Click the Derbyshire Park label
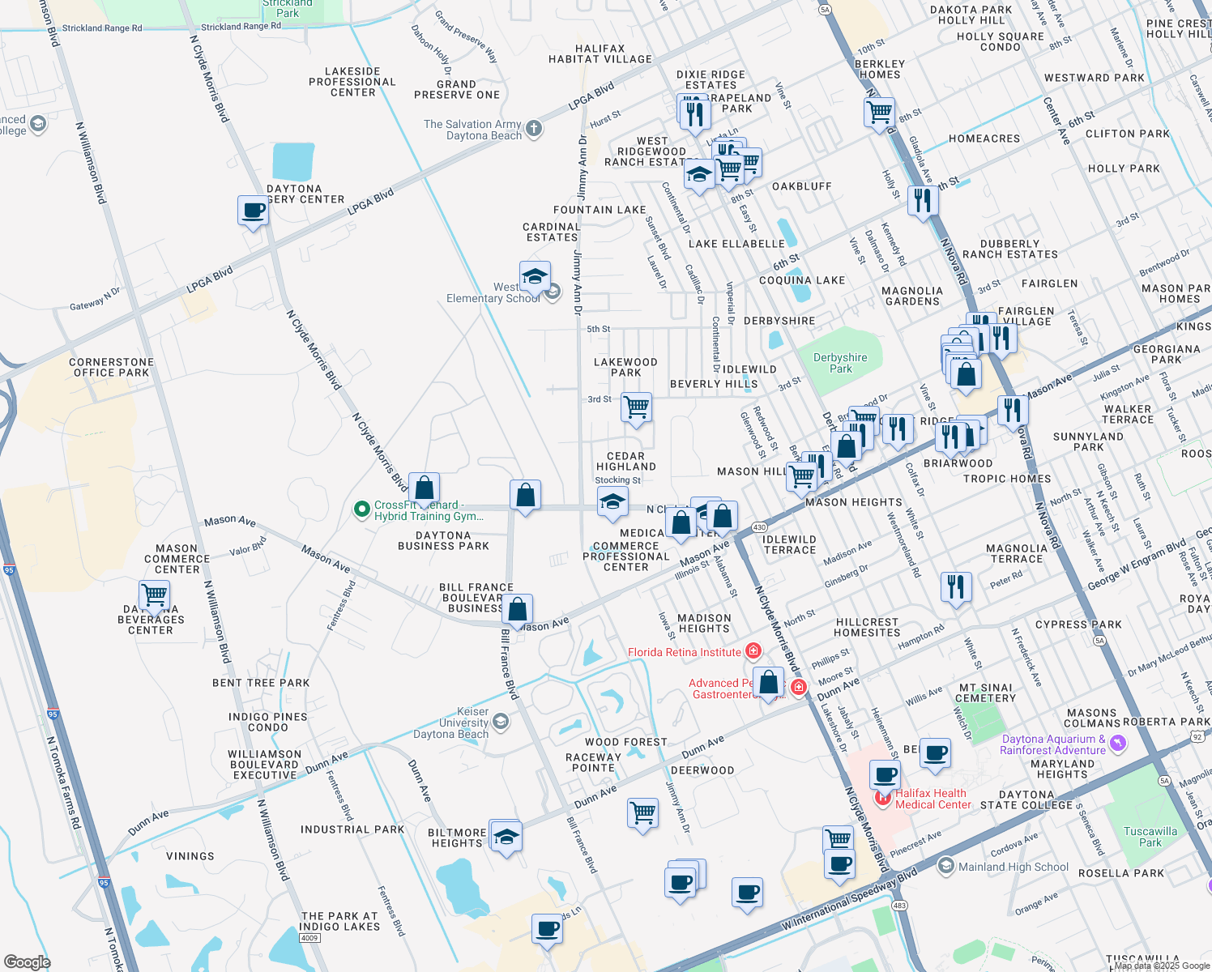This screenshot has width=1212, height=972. (840, 363)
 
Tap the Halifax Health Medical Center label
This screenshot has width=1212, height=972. (932, 799)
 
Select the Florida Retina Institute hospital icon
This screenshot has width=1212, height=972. (753, 651)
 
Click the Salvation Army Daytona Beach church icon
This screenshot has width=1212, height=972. (533, 128)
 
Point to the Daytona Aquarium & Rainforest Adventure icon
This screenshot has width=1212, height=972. (1118, 743)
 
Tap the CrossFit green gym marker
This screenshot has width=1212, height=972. (361, 509)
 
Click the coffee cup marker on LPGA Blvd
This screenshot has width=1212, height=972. (253, 211)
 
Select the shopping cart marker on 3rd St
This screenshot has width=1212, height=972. (637, 407)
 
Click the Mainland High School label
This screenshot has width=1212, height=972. (1013, 867)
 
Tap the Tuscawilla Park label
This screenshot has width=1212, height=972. (1150, 837)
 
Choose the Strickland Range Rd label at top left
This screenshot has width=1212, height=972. (102, 28)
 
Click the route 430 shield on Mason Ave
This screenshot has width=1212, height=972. (759, 527)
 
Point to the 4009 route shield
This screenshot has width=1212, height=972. (309, 938)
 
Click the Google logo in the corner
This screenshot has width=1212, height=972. (27, 961)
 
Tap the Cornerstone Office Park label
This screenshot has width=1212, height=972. (111, 368)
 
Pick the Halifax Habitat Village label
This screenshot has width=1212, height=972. (600, 54)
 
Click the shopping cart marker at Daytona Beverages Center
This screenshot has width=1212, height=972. (154, 595)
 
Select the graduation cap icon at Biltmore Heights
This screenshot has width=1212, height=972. (506, 836)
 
